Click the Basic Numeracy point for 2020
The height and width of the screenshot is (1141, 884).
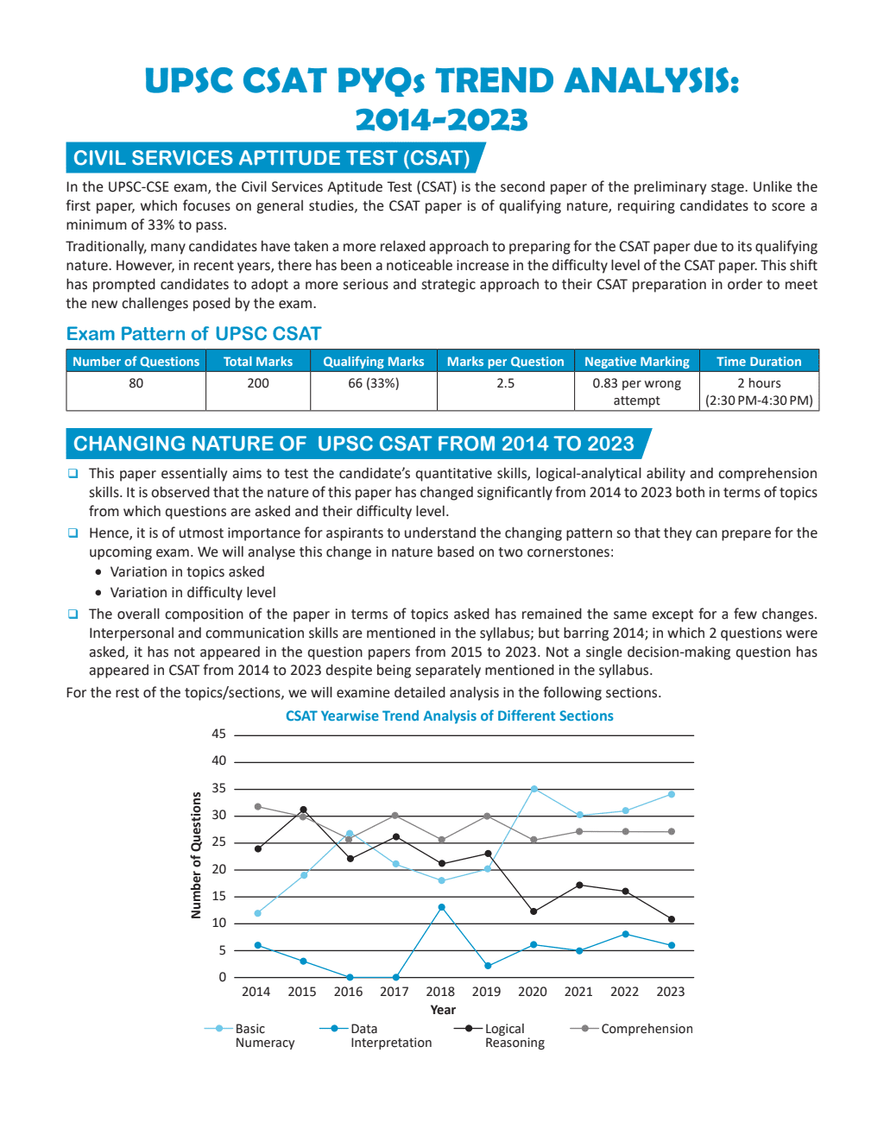534,789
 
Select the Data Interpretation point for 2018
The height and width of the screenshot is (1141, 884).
441,907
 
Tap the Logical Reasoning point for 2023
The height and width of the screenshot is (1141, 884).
672,919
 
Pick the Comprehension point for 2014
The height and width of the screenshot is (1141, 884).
257,807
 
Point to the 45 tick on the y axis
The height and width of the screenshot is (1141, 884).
219,734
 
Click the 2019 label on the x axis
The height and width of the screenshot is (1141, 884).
486,992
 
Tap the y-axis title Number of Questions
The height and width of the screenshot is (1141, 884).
196,855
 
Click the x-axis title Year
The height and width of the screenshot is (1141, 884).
443,1010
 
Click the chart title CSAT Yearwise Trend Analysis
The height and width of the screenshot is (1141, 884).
449,716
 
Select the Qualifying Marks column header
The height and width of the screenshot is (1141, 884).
373,362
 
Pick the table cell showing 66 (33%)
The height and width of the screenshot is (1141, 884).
373,383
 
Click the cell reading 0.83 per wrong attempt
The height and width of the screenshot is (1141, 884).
636,392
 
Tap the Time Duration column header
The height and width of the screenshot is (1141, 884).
759,362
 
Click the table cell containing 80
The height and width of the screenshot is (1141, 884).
136,383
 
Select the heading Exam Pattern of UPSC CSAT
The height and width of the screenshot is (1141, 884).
193,334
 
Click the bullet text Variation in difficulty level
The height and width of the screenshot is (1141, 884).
193,593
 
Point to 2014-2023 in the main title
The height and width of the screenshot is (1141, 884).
441,120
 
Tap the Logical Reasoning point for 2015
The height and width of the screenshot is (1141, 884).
303,810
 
